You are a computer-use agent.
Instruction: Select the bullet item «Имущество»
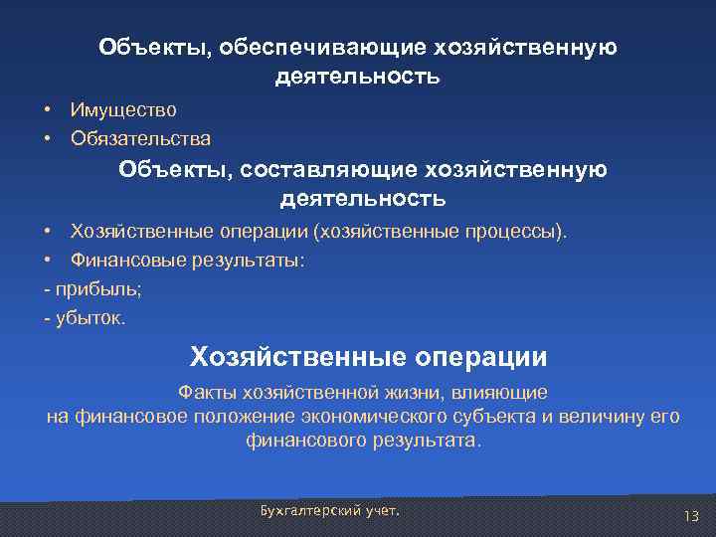point(123,109)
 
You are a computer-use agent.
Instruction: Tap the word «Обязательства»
point(140,137)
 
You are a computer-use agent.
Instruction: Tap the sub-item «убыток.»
point(90,319)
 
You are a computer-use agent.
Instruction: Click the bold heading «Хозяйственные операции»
point(368,356)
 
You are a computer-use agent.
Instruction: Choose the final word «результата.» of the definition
point(430,441)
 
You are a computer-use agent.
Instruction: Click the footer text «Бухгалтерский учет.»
point(329,509)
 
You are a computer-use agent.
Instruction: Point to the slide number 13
point(691,514)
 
